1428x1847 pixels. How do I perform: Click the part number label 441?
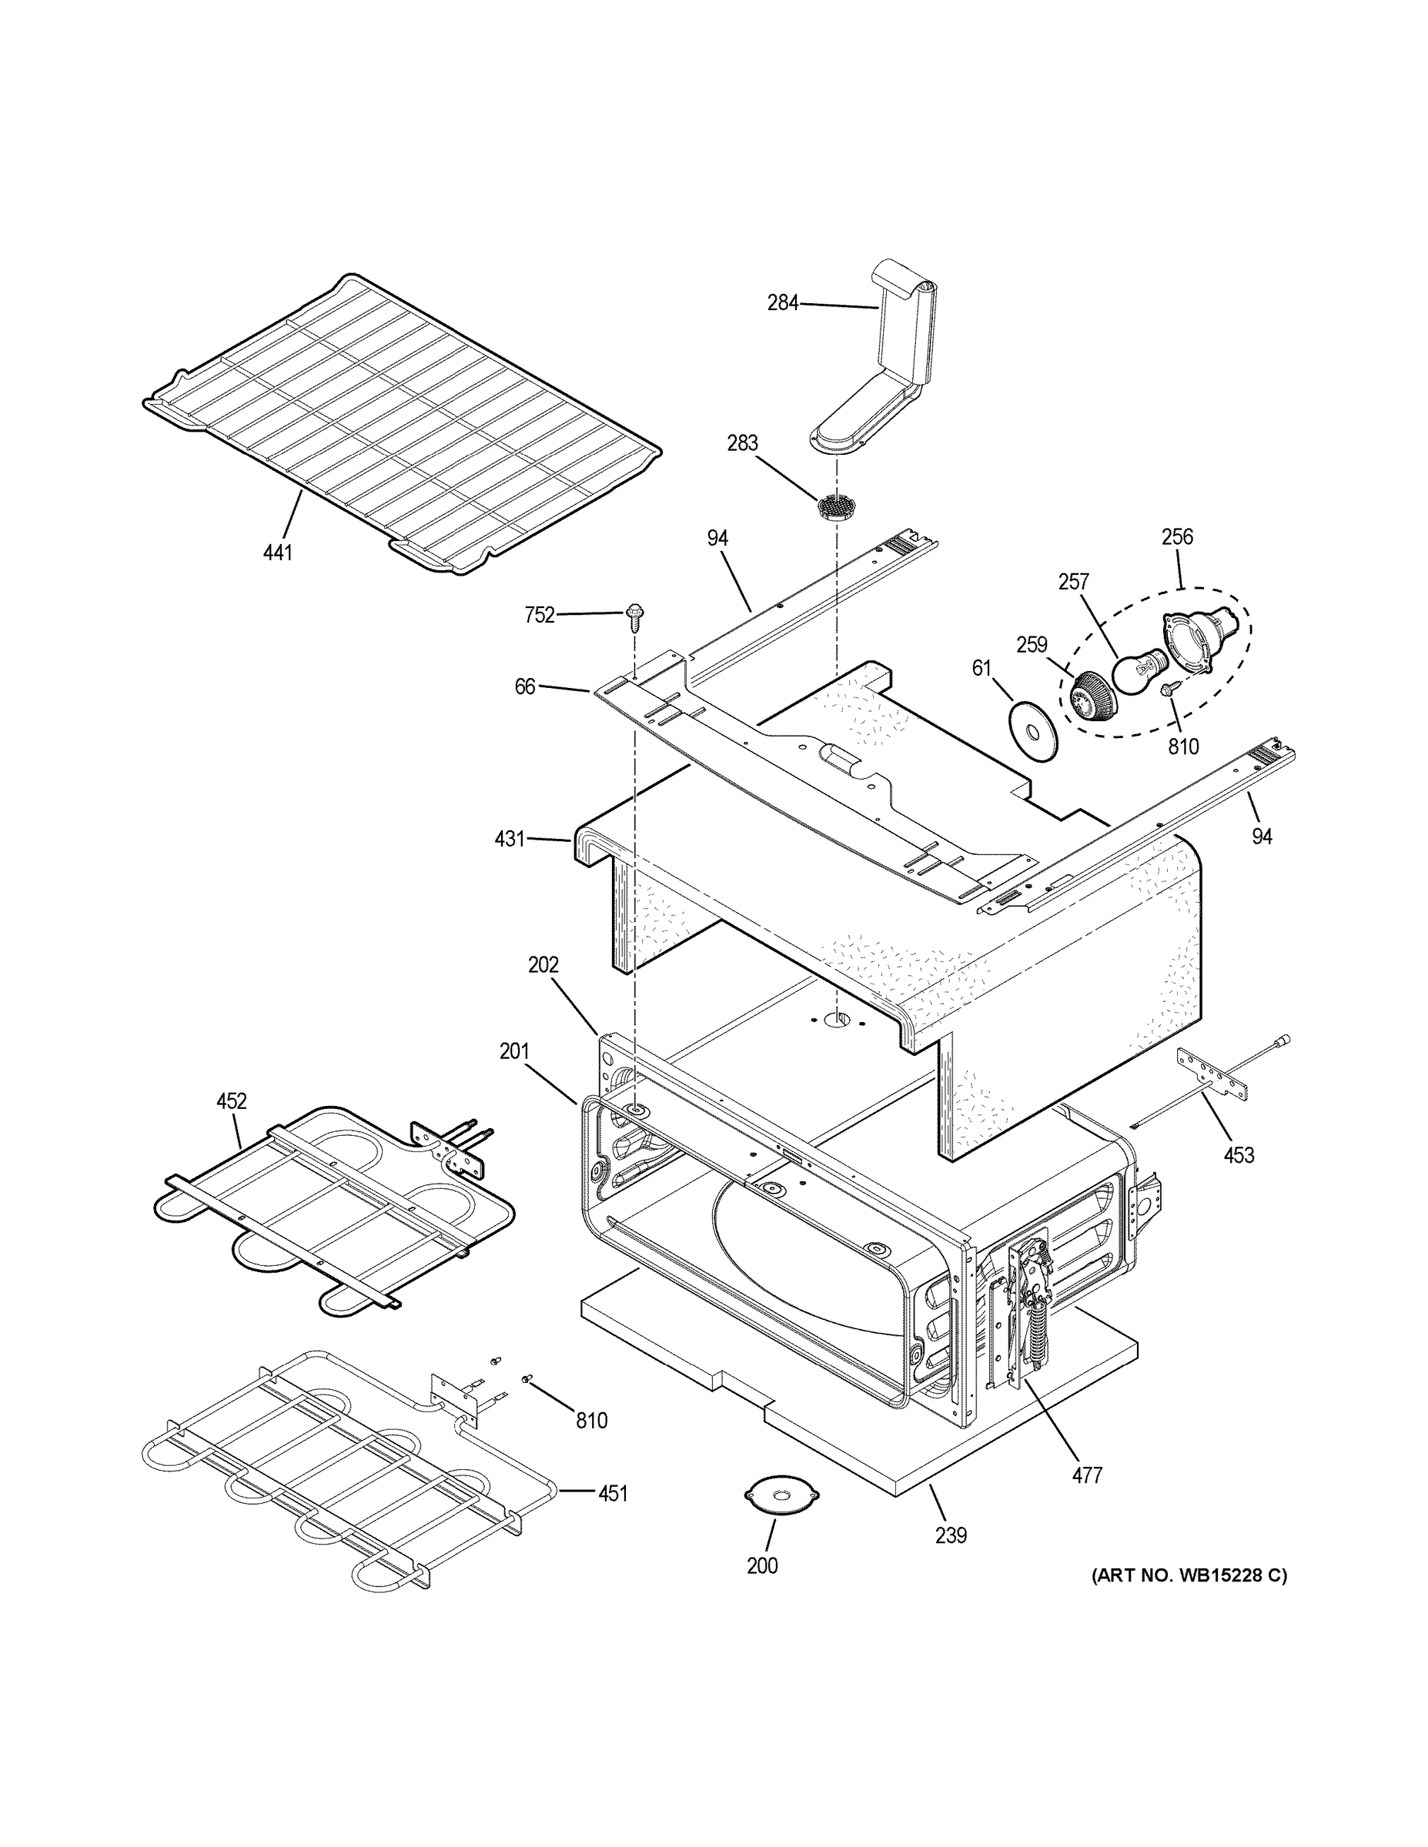(x=277, y=553)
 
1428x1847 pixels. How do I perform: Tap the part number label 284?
(x=783, y=302)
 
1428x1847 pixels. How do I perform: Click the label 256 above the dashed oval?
(x=1177, y=536)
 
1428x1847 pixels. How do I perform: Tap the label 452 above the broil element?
(x=231, y=1101)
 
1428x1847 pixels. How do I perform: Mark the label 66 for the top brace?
(x=524, y=686)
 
